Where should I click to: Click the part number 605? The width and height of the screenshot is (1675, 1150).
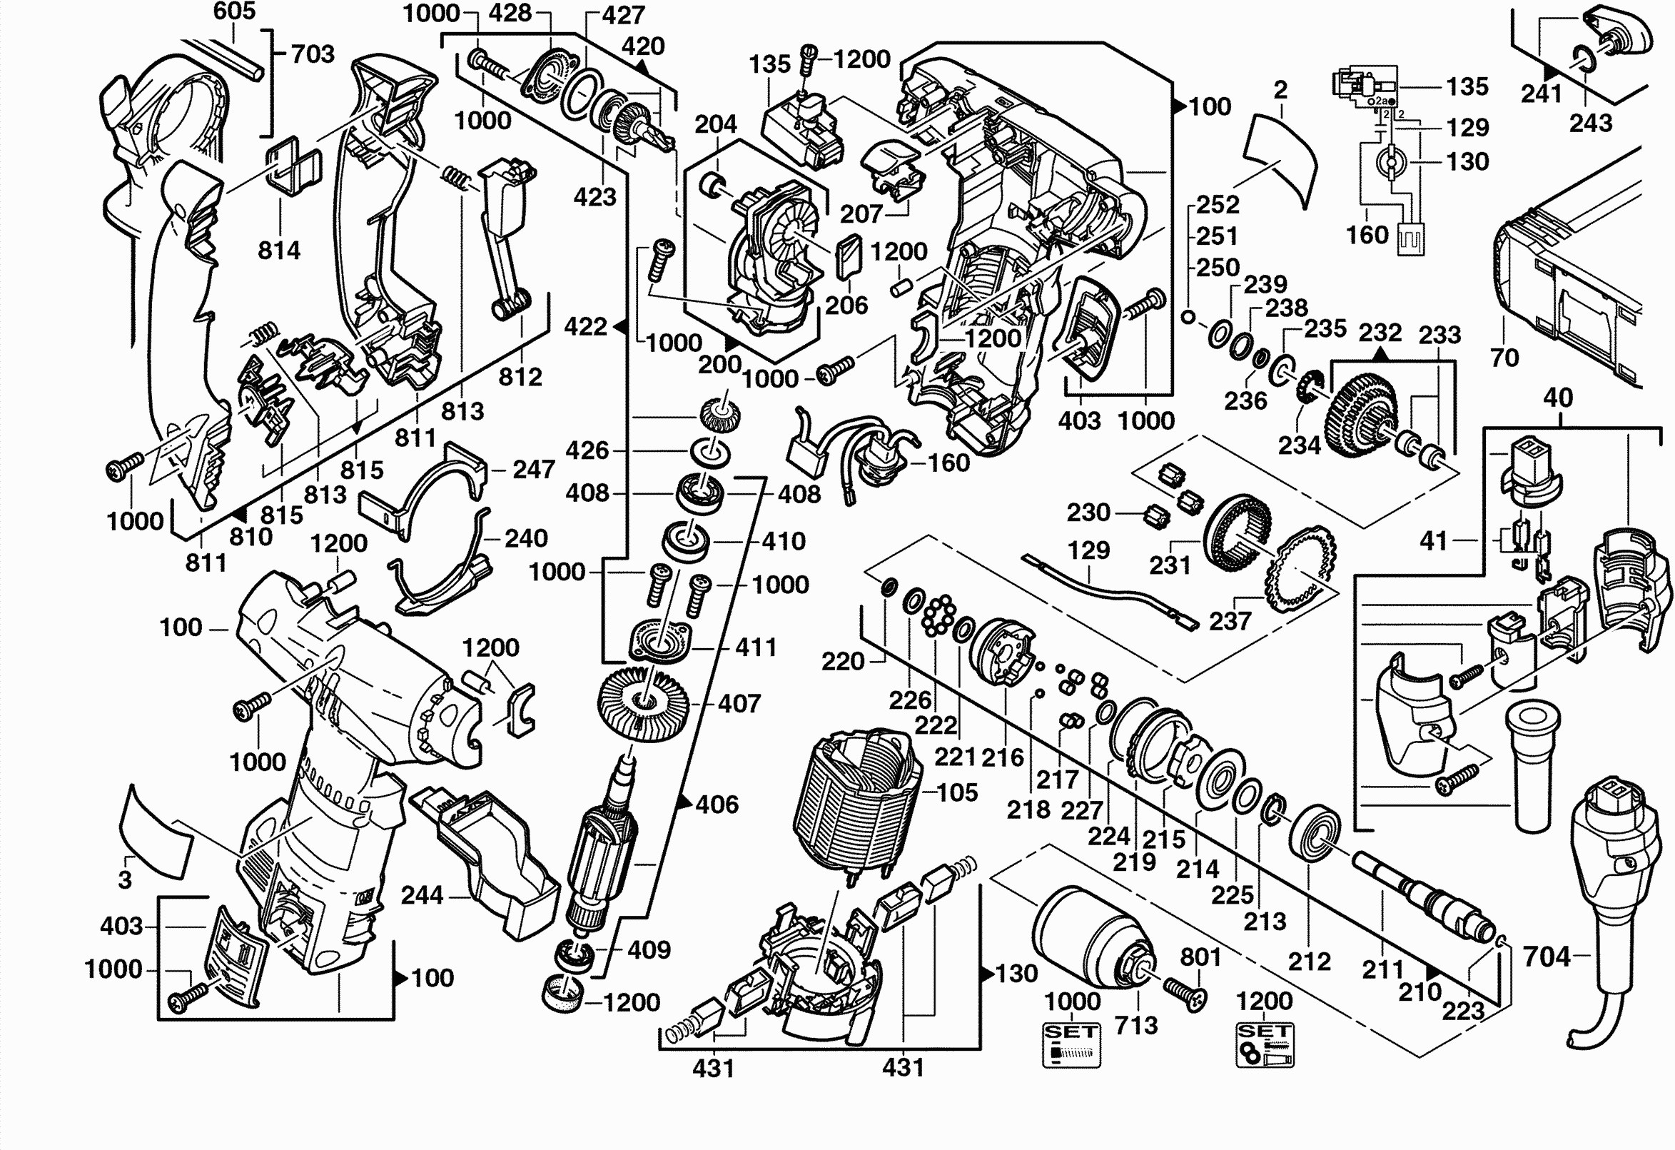[x=234, y=11]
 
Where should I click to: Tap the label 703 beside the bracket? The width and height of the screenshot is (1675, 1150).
[x=312, y=54]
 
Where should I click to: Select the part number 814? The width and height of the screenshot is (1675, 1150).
[x=279, y=250]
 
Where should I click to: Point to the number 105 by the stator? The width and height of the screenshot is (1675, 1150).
[x=957, y=792]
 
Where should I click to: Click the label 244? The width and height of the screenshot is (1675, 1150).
[x=422, y=894]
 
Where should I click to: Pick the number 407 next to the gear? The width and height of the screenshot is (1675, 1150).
[x=739, y=703]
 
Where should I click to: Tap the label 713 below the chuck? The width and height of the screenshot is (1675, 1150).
[x=1136, y=1024]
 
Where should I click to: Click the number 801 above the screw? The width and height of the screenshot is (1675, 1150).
[x=1200, y=957]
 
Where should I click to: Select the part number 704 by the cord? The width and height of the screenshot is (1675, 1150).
[x=1547, y=957]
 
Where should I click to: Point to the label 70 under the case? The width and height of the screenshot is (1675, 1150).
[x=1504, y=357]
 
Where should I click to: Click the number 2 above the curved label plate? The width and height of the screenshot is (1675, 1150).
[x=1280, y=89]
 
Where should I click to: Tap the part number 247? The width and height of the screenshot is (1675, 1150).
[x=533, y=470]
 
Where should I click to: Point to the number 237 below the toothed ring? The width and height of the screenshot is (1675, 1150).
[x=1230, y=620]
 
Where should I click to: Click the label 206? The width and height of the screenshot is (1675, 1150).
[x=846, y=305]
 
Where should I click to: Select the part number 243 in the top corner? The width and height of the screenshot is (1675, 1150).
[x=1591, y=123]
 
